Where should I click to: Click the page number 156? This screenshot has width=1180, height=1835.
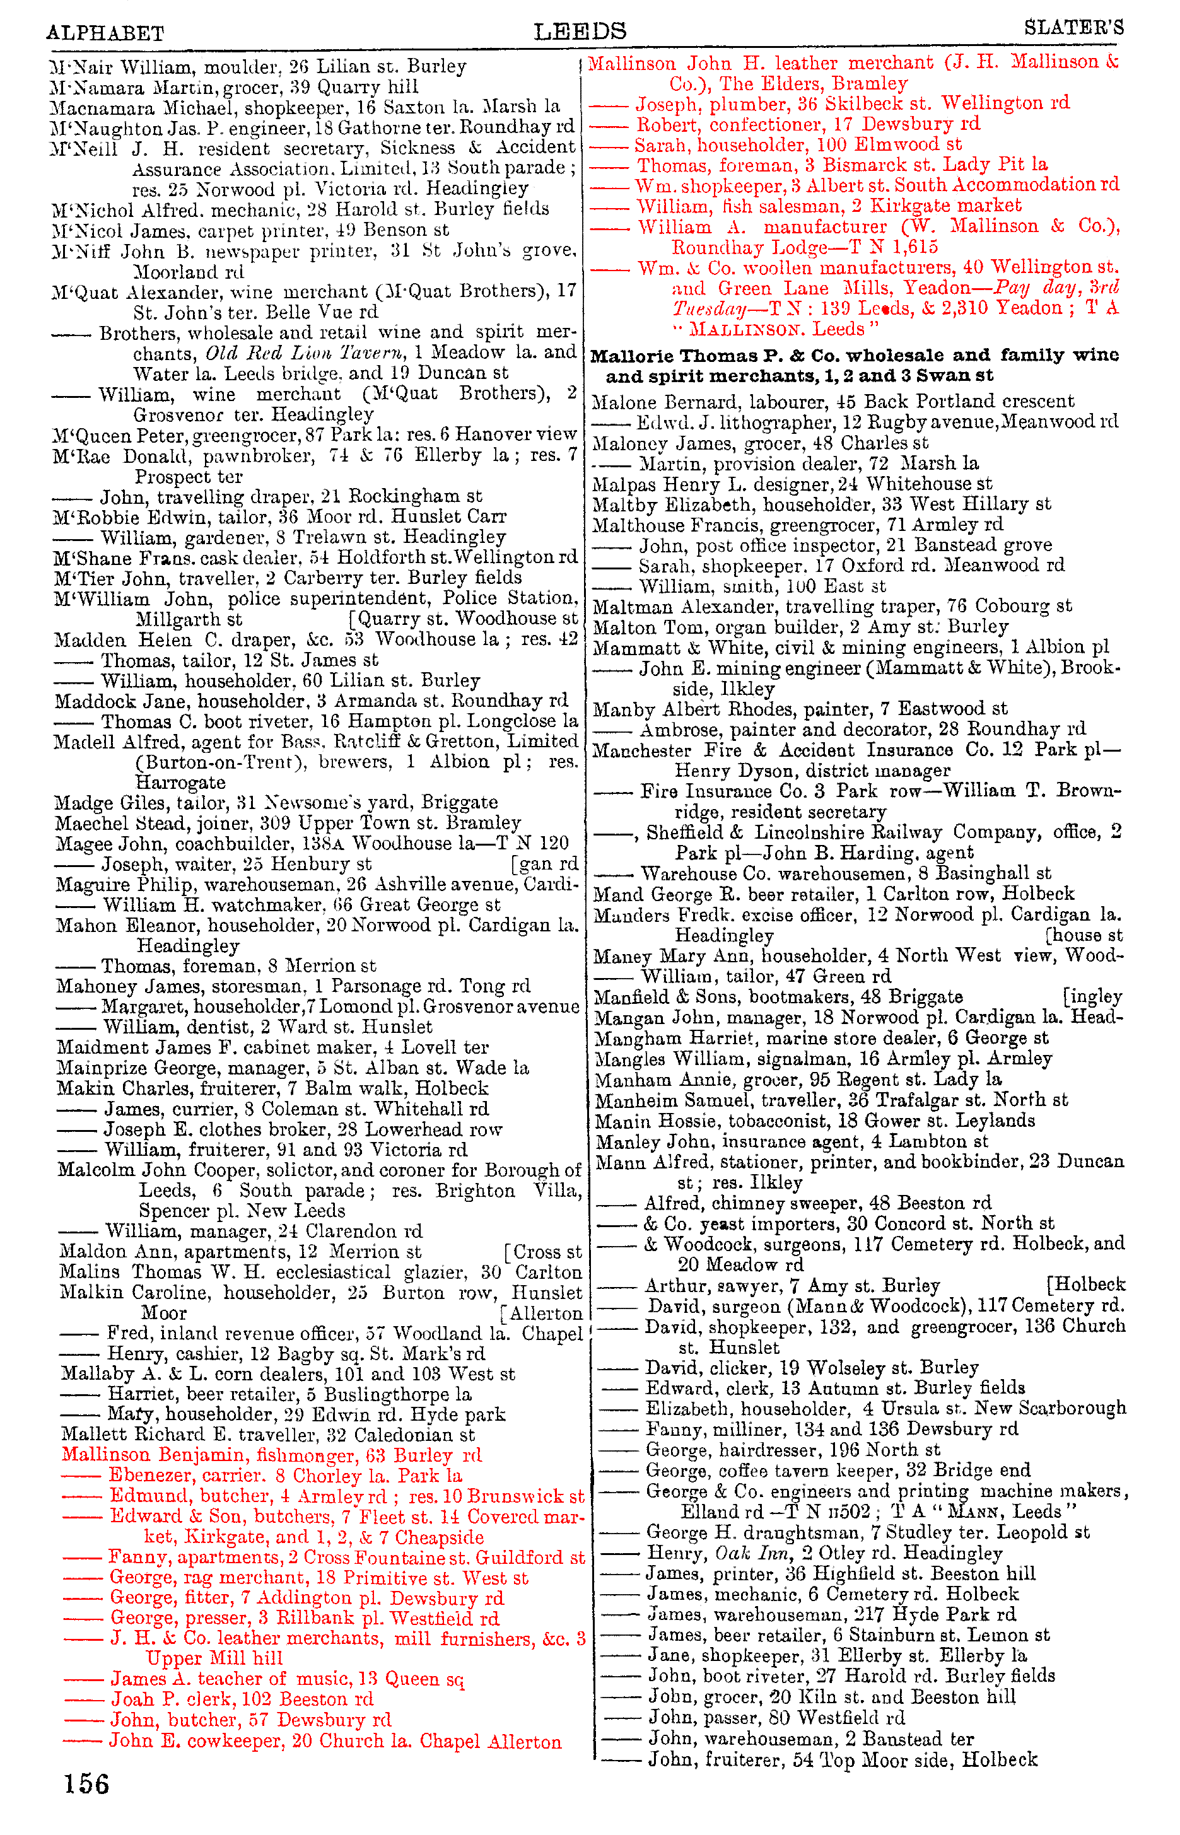[x=86, y=1784]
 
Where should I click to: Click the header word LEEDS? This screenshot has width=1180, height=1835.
[x=580, y=32]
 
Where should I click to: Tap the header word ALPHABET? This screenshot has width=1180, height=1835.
[x=105, y=33]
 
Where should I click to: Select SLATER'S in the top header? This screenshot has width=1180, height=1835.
[x=1073, y=28]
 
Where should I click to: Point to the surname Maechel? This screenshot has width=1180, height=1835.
[x=85, y=824]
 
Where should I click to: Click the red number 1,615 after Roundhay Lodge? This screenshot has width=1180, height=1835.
[x=914, y=247]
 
